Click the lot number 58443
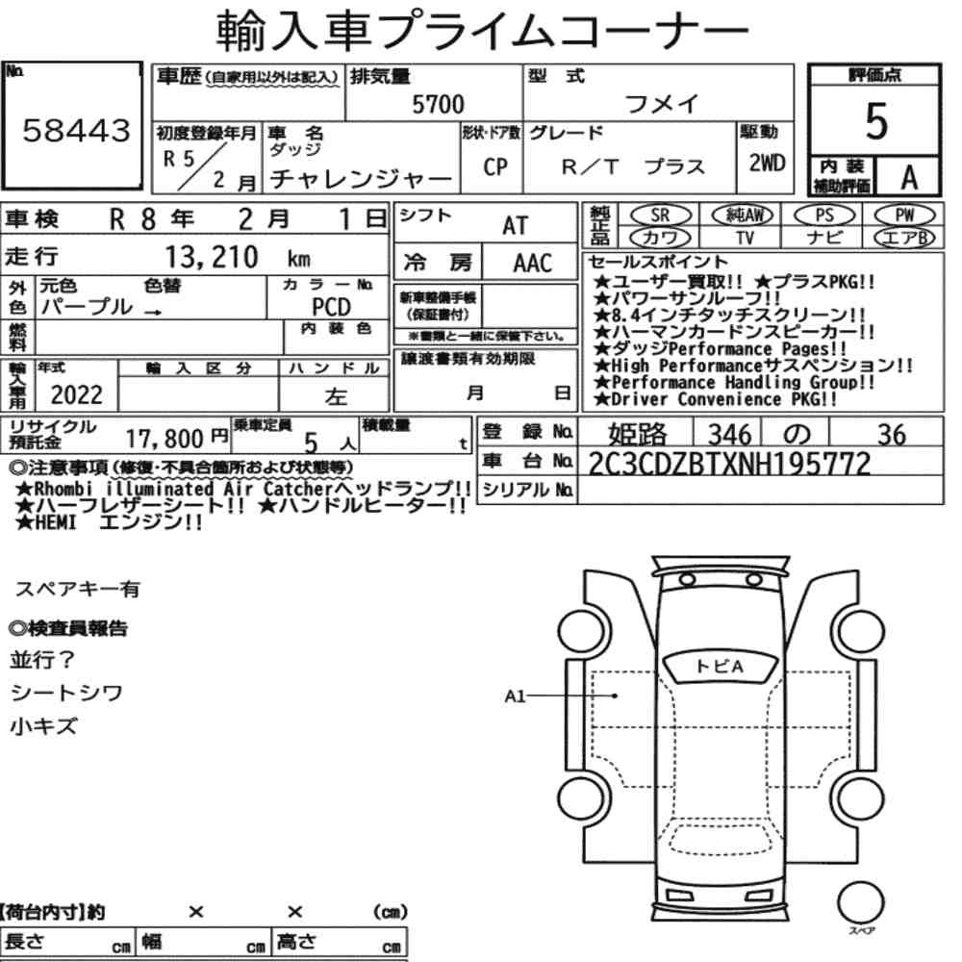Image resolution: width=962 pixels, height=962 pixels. coord(77,130)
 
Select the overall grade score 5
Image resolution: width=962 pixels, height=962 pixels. coord(876,121)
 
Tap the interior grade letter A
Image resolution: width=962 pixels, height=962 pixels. coord(909,177)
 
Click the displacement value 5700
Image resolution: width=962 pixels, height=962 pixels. coord(438,104)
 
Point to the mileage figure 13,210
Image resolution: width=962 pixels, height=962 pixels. coord(212,257)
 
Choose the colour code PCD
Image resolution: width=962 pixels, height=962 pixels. coord(331,306)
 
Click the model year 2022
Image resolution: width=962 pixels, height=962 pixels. coord(77,394)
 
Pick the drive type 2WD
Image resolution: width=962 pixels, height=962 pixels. coord(767,163)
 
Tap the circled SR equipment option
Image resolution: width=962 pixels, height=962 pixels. coord(660,215)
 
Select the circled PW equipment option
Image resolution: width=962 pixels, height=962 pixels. coord(904,215)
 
